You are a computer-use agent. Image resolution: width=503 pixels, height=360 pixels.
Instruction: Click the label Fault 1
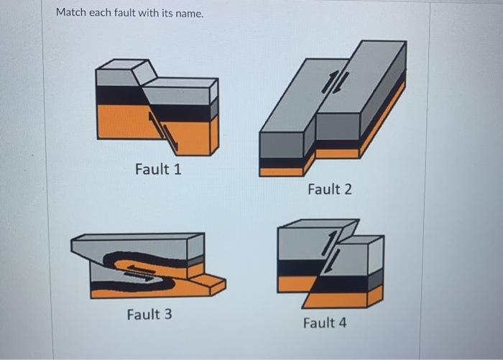tap(158, 170)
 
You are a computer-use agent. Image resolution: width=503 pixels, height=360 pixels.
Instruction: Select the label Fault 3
tap(149, 314)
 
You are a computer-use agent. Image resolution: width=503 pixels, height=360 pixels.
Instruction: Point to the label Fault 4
tap(324, 323)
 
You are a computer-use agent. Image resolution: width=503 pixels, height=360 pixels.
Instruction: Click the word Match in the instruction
tap(71, 13)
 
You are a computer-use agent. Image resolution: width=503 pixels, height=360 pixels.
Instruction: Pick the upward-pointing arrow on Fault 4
tap(329, 243)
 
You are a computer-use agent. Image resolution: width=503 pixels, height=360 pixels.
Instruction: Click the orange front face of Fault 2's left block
tap(281, 172)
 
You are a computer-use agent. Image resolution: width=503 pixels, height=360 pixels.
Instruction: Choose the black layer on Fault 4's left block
tap(296, 267)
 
